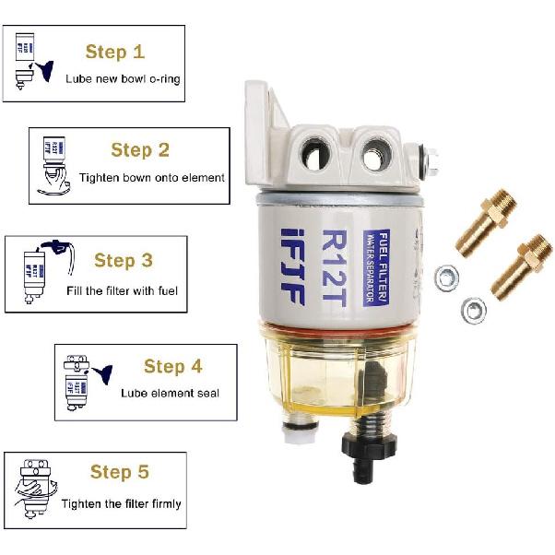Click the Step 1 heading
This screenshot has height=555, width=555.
[x=115, y=51]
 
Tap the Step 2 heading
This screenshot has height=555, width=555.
[x=140, y=149]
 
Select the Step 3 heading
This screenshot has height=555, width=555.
[x=123, y=261]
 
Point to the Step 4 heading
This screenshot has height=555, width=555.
[x=172, y=367]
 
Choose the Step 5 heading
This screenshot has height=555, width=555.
[x=119, y=472]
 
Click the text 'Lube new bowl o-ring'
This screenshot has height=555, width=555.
[x=123, y=79]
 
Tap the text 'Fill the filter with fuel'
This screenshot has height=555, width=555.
[x=122, y=291]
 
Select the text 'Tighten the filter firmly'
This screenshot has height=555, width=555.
[x=122, y=504]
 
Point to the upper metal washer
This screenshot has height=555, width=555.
[x=445, y=274]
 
